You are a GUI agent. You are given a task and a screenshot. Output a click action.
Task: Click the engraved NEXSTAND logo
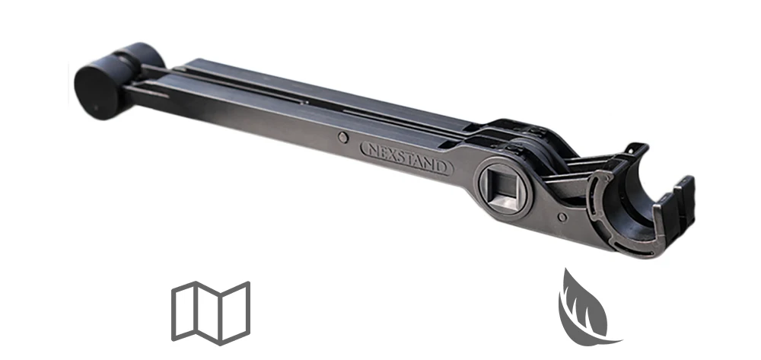(x=406, y=158)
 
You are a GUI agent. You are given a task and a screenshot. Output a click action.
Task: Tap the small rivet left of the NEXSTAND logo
(x=343, y=138)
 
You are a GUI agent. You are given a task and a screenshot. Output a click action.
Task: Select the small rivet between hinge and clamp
(x=562, y=217)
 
